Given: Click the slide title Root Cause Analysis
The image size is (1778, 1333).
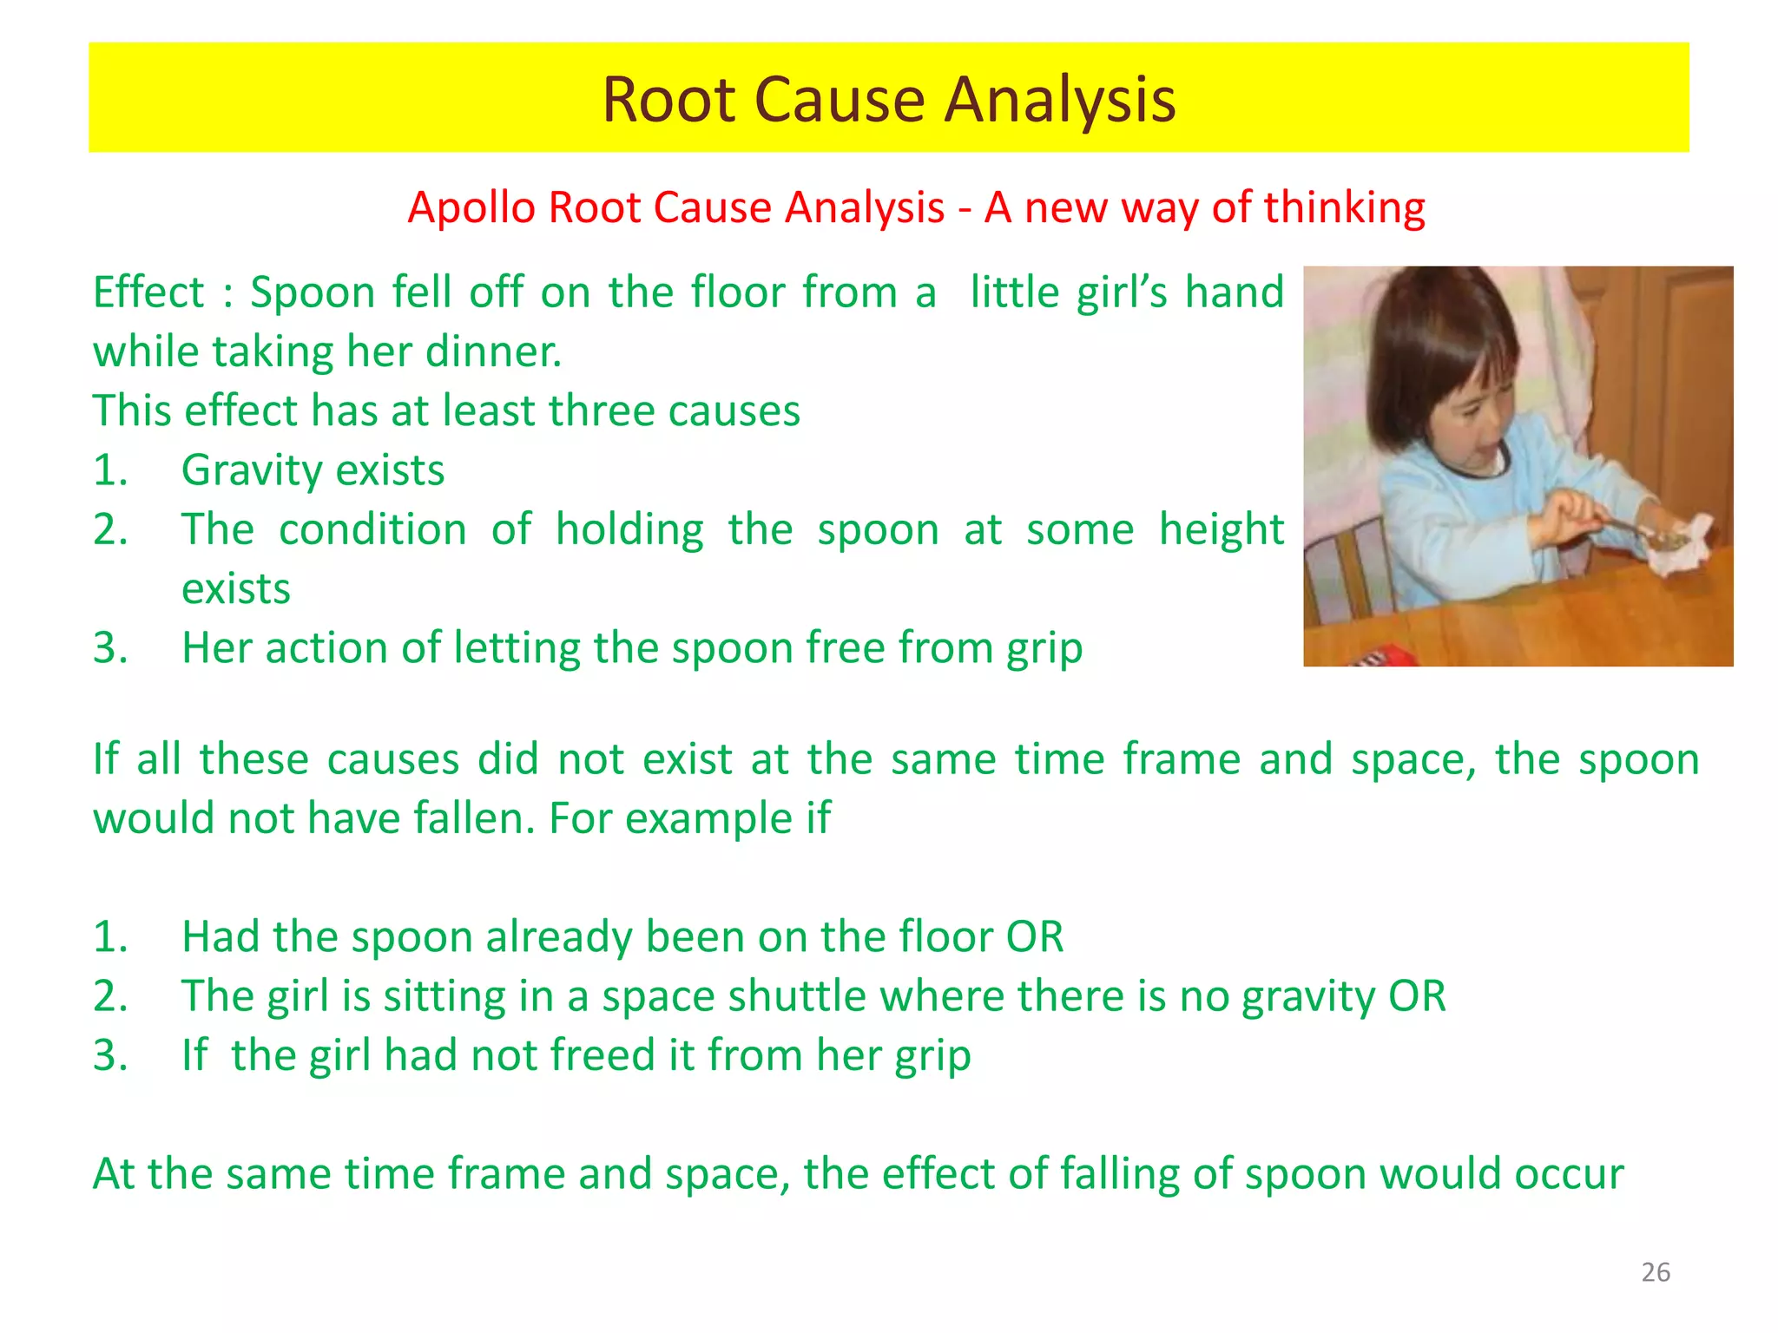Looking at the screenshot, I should (888, 100).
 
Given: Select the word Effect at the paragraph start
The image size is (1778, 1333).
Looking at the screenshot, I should (148, 292).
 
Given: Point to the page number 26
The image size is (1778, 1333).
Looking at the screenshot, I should (1656, 1272).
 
